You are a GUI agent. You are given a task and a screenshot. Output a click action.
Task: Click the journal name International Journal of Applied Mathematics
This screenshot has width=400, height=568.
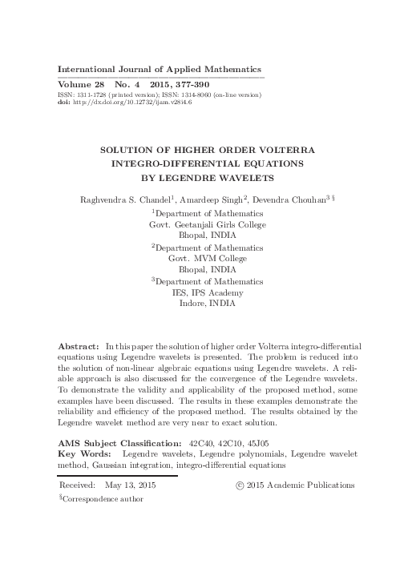tap(160, 70)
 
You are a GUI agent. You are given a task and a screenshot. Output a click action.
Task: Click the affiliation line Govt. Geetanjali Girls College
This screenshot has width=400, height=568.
tap(208, 225)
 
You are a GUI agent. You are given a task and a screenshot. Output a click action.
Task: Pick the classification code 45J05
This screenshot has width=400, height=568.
tap(257, 442)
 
